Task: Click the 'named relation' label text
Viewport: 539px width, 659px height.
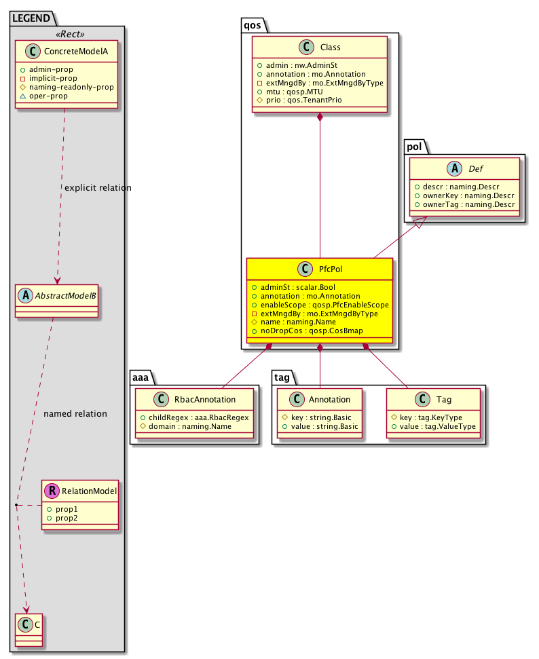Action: [75, 413]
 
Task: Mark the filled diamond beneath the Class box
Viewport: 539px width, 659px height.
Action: [320, 117]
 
